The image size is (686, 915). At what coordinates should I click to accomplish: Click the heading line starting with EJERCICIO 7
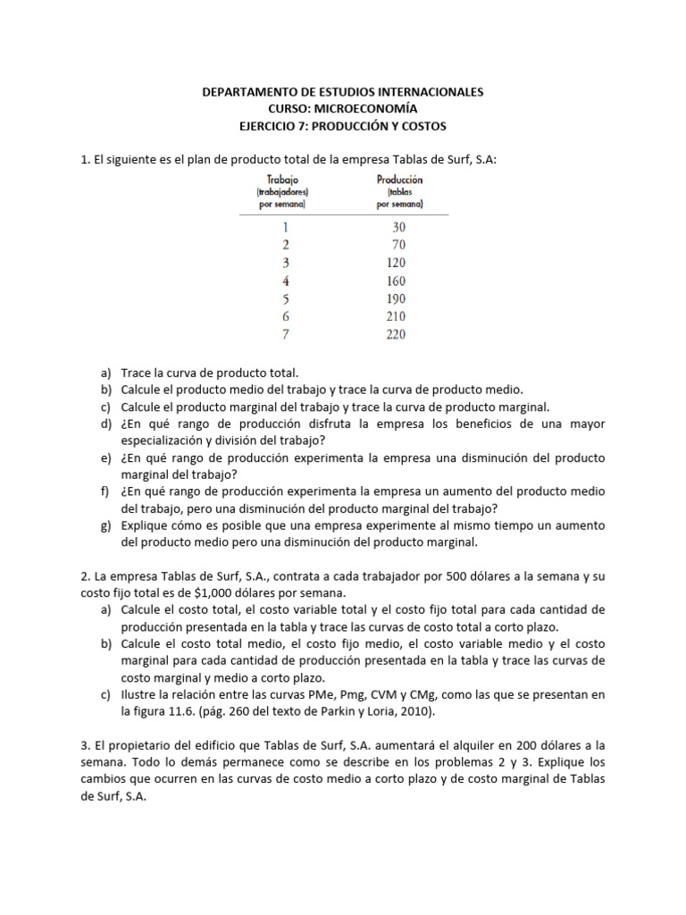(x=343, y=126)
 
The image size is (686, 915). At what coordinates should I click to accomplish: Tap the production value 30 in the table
(x=398, y=227)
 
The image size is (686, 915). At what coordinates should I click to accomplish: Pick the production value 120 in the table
(x=396, y=263)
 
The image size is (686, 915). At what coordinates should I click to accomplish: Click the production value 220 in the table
(x=396, y=334)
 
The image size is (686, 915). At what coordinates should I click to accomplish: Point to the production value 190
(x=396, y=298)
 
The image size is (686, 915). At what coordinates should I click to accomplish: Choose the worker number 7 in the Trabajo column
(x=286, y=334)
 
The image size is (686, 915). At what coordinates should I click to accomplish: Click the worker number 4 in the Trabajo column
(x=286, y=281)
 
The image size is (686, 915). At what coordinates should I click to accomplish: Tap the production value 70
(x=398, y=245)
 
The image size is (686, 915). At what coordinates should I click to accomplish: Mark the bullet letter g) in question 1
(x=105, y=525)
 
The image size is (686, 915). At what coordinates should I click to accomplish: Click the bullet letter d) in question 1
(x=105, y=424)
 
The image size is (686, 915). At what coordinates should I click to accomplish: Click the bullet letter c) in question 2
(x=105, y=695)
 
